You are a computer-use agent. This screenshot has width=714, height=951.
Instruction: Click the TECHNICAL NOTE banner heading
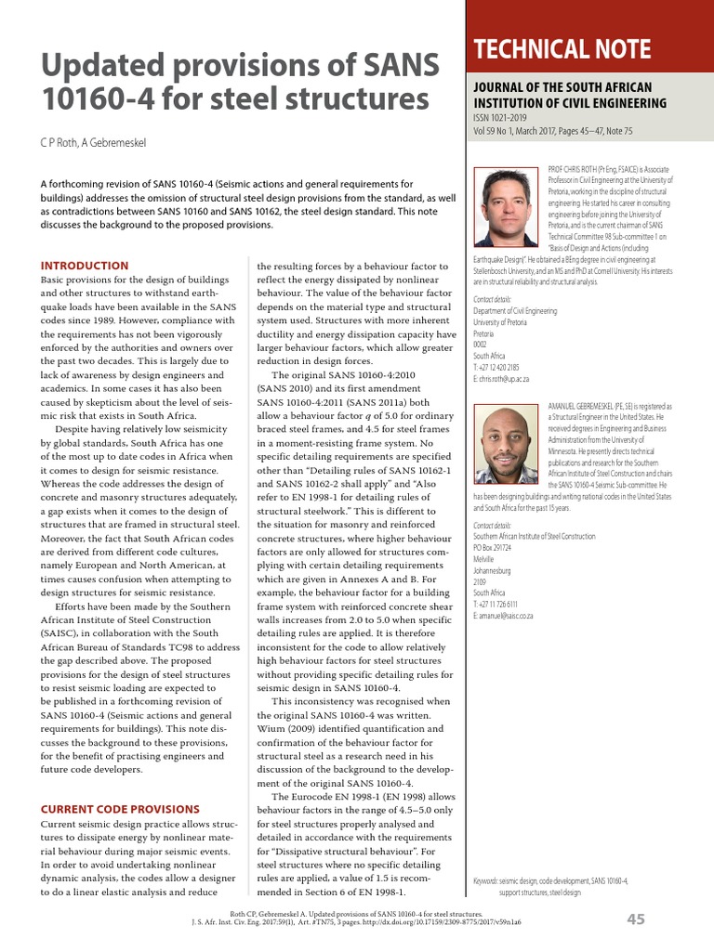pos(562,49)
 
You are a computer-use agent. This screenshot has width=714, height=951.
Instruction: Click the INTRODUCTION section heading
pos(85,266)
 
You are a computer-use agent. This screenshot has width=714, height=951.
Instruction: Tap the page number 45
pos(636,919)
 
